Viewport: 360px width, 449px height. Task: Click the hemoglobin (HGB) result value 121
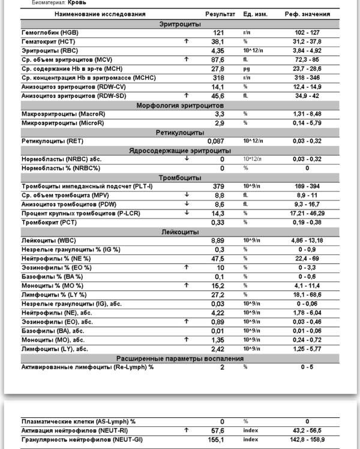[x=218, y=32]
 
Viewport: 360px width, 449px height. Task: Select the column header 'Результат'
[x=220, y=14]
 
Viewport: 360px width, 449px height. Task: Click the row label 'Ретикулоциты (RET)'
[x=45, y=141]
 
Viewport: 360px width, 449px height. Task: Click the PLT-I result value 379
[x=218, y=187]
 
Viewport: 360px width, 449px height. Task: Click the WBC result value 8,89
[x=218, y=241]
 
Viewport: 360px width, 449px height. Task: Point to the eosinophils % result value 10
[x=220, y=268]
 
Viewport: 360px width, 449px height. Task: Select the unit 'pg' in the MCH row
[x=246, y=68]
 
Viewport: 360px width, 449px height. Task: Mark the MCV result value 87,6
[x=218, y=59]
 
